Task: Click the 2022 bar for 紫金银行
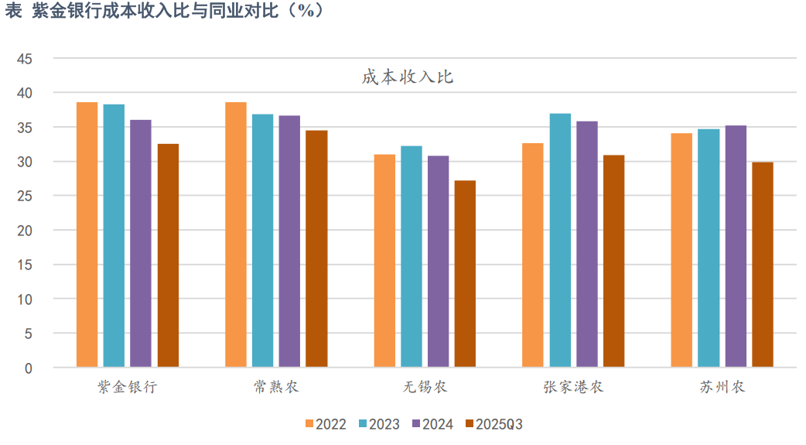(87, 234)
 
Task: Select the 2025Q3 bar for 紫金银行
(168, 255)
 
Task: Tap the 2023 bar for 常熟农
(262, 240)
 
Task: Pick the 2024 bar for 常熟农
(289, 241)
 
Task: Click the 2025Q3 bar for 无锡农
(465, 273)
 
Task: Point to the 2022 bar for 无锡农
(384, 260)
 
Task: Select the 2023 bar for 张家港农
(560, 240)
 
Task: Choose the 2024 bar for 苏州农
(736, 245)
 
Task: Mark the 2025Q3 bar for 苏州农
(763, 264)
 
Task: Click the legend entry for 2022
(326, 424)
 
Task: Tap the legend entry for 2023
(379, 424)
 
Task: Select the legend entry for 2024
(432, 424)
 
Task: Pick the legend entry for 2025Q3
(494, 424)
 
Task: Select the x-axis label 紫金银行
(127, 387)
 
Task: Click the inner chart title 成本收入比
(407, 77)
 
